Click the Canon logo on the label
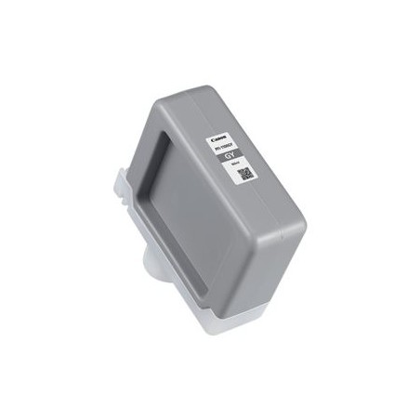[x=220, y=139]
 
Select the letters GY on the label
[x=227, y=156]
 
